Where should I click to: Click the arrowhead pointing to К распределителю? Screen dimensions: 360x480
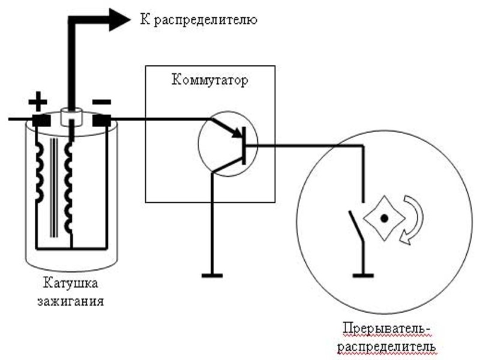pos(119,19)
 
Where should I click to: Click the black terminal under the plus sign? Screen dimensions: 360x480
pos(40,119)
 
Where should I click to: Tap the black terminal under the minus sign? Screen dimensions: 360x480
pos(101,119)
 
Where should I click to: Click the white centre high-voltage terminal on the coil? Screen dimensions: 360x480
pos(71,117)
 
